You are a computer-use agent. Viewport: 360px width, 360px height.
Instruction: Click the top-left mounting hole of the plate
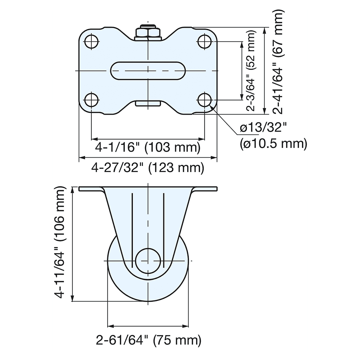point(91,42)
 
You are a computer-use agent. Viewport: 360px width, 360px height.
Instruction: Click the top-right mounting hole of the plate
point(204,42)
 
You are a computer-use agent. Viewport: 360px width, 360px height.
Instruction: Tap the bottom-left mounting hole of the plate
point(91,100)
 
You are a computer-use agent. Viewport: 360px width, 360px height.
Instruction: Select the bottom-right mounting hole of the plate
point(204,100)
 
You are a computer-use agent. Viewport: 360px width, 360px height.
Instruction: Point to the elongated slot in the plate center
point(148,71)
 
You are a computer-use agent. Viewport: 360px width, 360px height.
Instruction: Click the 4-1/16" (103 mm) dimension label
point(147,148)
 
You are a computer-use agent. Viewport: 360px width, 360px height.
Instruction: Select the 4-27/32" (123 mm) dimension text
point(148,168)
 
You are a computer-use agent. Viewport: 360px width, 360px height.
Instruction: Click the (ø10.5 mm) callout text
point(273,144)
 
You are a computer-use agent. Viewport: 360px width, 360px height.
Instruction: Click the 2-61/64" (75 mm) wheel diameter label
point(148,339)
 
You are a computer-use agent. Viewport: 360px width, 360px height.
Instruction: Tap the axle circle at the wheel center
point(148,260)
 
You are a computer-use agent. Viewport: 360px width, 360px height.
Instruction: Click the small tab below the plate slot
point(148,103)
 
